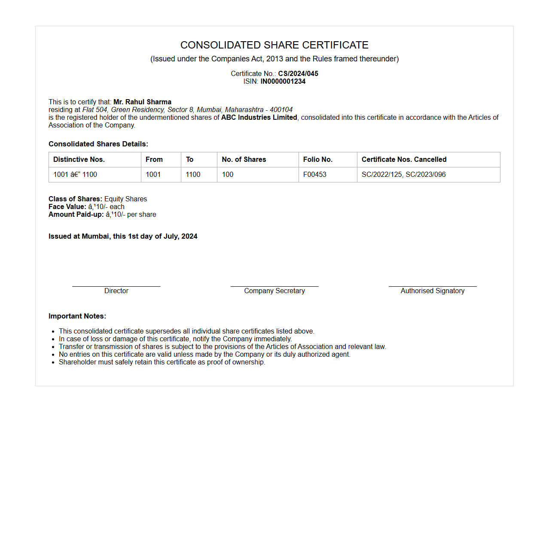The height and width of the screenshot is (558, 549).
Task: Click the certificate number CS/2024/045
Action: click(x=298, y=73)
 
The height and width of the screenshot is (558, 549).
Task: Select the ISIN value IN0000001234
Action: click(x=283, y=81)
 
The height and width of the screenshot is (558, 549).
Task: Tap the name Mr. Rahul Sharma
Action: click(x=142, y=102)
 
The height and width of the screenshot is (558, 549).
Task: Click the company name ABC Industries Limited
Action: click(x=259, y=117)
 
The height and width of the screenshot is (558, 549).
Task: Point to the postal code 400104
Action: click(x=281, y=109)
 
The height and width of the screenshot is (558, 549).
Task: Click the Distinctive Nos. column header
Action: click(x=79, y=159)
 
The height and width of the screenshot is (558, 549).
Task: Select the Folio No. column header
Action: click(x=317, y=159)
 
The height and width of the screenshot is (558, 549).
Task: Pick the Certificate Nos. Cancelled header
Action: click(x=404, y=159)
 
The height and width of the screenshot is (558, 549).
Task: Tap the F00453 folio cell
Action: click(x=314, y=174)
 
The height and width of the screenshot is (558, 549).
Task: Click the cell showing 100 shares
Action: click(x=228, y=174)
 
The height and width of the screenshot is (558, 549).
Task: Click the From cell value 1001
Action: click(x=153, y=174)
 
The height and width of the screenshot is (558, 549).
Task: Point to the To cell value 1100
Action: click(x=193, y=174)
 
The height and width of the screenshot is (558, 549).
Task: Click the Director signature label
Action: click(x=116, y=291)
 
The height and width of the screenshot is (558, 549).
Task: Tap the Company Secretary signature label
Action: click(x=274, y=291)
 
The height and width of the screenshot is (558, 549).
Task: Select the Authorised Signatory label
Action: click(x=433, y=291)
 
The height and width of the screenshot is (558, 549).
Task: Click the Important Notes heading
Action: click(x=77, y=316)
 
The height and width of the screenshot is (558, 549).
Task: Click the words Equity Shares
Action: click(x=125, y=199)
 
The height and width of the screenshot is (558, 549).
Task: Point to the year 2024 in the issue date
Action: click(x=189, y=236)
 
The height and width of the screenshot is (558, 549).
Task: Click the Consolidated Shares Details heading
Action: click(x=98, y=144)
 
